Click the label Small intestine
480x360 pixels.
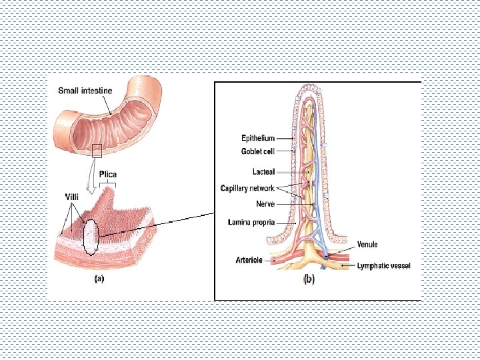point(85,91)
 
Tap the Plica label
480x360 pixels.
point(107,175)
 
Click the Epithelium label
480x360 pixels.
point(257,138)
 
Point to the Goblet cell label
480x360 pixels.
point(257,151)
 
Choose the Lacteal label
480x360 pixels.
point(263,171)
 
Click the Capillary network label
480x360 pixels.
point(247,188)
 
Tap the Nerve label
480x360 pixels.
point(265,204)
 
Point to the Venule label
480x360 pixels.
point(367,245)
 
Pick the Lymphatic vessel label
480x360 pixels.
point(383,265)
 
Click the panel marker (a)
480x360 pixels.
point(99,280)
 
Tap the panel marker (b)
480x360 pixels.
point(309,280)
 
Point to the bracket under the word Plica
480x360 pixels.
point(107,183)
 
